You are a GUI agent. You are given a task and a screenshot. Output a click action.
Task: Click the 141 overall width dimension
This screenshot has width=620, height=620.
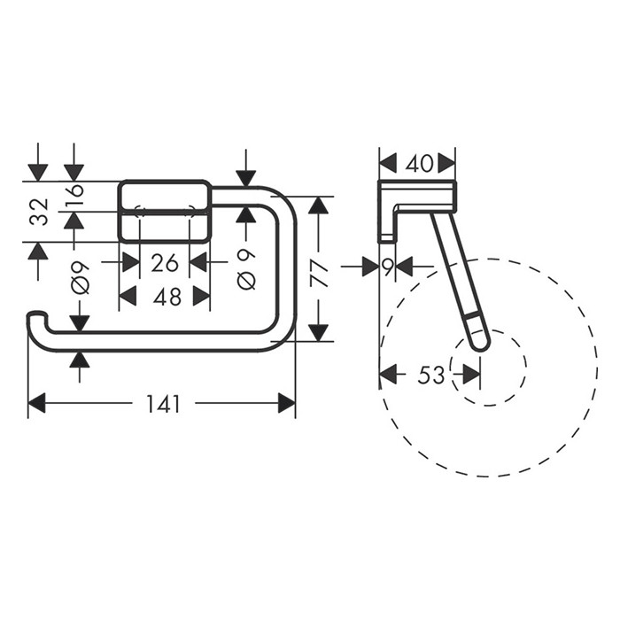163,404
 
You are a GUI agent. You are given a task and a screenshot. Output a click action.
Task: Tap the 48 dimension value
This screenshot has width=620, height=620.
167,297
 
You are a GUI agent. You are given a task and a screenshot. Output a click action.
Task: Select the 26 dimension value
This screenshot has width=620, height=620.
165,263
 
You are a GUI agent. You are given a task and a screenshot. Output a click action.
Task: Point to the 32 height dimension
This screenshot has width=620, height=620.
40,212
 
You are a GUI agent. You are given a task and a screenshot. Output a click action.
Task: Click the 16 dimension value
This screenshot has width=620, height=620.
74,190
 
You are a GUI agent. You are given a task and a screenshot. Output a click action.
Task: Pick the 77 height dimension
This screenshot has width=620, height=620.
319,273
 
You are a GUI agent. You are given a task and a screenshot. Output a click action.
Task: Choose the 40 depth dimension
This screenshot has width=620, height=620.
420,163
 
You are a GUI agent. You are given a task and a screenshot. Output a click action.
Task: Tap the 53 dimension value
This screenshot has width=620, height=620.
431,375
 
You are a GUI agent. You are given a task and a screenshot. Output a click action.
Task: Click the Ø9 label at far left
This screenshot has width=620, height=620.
81,278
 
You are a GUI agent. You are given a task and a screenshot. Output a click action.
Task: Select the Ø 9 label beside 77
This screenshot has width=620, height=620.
246,270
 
